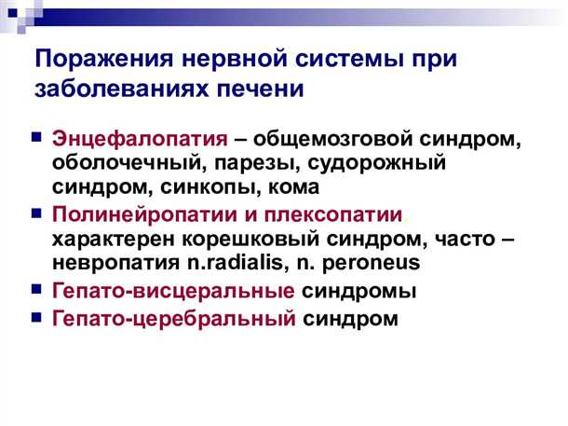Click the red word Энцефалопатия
coord(140,139)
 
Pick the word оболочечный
coord(118,162)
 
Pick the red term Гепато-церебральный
coord(175,319)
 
